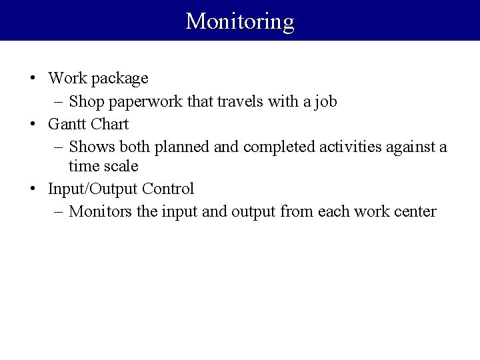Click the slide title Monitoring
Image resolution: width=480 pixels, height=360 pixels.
[240, 21]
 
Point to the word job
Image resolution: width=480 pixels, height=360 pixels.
[325, 101]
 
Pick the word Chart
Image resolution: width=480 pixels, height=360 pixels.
[109, 124]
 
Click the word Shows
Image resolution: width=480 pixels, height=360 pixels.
[91, 146]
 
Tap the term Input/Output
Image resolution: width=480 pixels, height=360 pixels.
[93, 189]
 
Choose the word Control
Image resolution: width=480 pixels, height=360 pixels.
[168, 189]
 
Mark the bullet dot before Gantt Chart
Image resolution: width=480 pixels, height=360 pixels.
[33, 125]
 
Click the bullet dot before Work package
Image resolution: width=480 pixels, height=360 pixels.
[33, 79]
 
